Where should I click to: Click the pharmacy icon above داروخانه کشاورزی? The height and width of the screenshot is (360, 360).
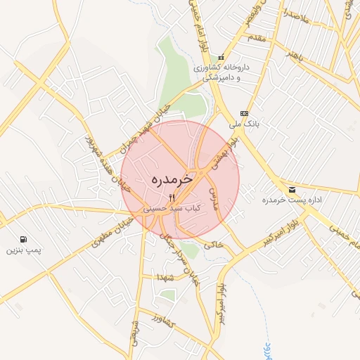click(x=221, y=58)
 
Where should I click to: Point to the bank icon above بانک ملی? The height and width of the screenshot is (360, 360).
click(x=244, y=113)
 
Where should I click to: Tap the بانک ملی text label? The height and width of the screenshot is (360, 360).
click(x=246, y=124)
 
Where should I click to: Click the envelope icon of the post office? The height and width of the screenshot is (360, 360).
click(x=292, y=190)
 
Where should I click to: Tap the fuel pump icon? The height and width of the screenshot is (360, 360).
click(x=25, y=239)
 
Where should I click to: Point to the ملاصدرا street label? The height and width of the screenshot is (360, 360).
click(x=296, y=14)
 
